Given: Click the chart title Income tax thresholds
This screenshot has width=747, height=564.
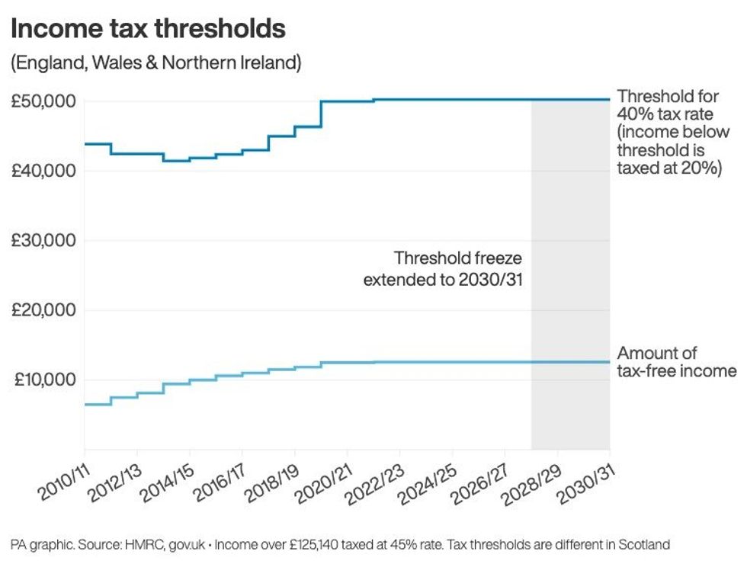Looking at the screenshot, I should (x=148, y=29).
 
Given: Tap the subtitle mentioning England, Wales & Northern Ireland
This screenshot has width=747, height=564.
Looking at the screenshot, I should (x=155, y=62).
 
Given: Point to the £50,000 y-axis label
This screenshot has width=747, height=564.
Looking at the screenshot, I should (x=43, y=101).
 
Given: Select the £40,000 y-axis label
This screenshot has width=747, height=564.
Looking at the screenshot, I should (x=43, y=171).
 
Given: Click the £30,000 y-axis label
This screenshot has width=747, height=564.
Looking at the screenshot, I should (x=43, y=241).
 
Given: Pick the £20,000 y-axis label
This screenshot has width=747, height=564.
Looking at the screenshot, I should (x=43, y=310).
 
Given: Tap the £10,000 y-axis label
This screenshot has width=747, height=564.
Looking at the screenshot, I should (x=43, y=380).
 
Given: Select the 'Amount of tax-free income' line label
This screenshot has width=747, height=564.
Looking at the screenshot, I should (x=676, y=362).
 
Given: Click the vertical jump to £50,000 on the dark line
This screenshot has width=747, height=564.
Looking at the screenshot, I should (x=321, y=114).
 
